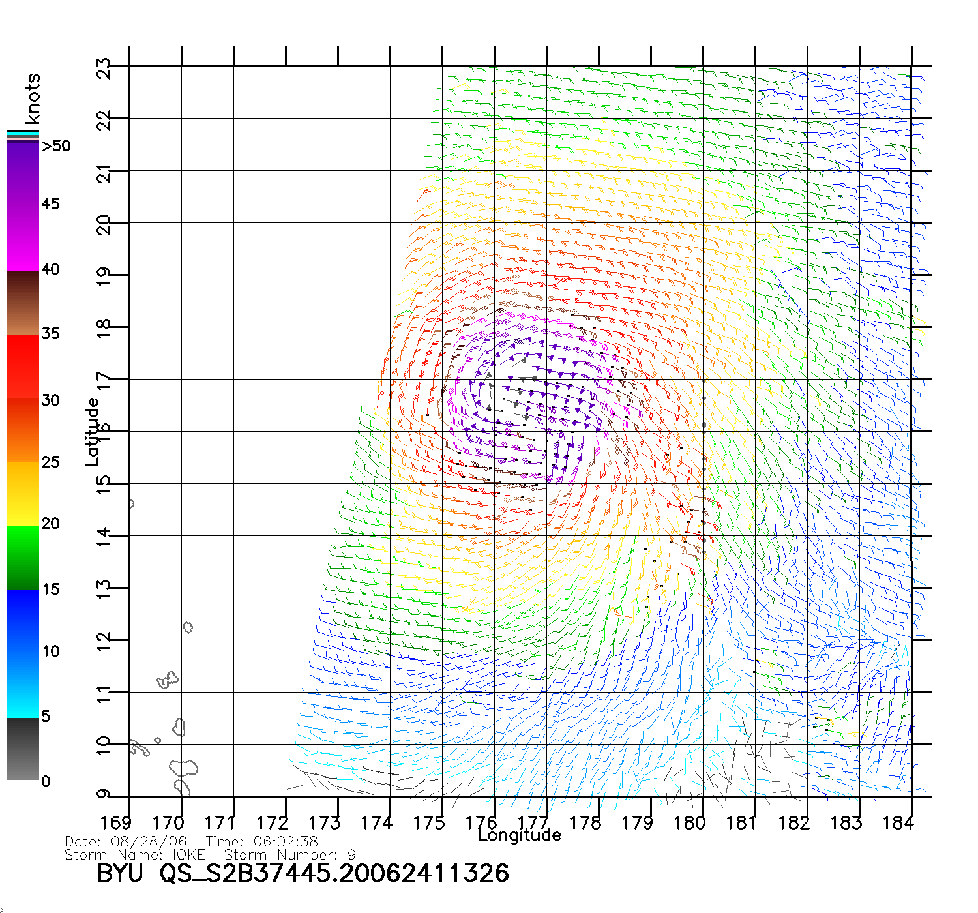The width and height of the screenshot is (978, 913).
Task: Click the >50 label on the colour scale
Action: (56, 146)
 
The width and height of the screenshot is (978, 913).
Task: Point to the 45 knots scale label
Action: (50, 204)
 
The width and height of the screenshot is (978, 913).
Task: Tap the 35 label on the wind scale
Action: (50, 334)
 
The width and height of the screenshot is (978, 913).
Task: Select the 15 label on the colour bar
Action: (50, 590)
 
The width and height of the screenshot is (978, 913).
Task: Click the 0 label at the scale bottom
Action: (46, 781)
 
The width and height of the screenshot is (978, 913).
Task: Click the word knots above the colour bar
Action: (33, 98)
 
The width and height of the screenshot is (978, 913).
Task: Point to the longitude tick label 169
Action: (116, 823)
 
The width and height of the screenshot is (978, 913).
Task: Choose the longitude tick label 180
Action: (690, 823)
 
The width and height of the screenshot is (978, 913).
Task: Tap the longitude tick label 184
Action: (898, 823)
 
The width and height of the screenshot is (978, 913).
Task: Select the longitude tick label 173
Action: (325, 823)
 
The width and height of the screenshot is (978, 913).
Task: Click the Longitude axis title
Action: (520, 835)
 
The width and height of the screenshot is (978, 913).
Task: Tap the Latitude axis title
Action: (93, 432)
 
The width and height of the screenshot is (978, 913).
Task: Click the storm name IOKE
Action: (188, 854)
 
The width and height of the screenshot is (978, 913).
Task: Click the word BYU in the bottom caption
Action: (120, 874)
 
